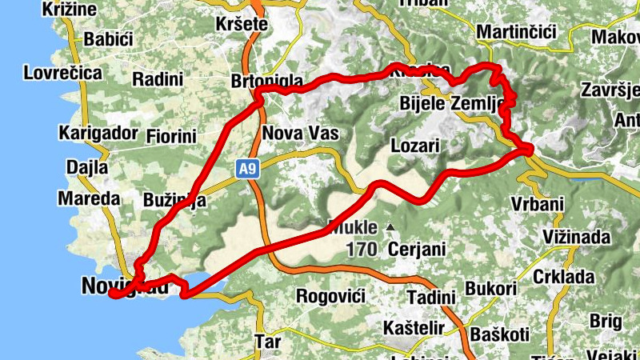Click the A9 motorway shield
[x=246, y=168]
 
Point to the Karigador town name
[x=98, y=132]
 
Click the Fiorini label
[x=171, y=136]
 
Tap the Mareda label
[x=89, y=198]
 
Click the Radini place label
[x=158, y=79]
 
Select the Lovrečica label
[x=63, y=73]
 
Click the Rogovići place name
[x=330, y=296]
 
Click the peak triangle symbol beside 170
[x=390, y=228]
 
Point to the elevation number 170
[x=362, y=250]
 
